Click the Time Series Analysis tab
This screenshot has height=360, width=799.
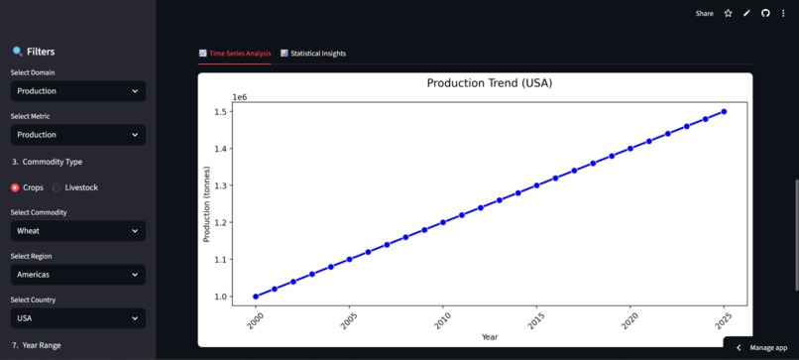click(x=235, y=54)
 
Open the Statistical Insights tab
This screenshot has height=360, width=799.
click(x=313, y=54)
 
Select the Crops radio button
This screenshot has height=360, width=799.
click(x=15, y=187)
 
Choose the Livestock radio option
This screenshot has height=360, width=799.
click(x=57, y=187)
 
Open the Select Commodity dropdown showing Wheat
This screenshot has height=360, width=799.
click(x=78, y=231)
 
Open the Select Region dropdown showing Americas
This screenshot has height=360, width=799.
click(x=78, y=275)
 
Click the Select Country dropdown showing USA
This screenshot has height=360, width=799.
click(x=78, y=318)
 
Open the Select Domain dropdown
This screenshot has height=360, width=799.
click(x=78, y=91)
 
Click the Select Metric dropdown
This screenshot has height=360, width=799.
click(x=78, y=135)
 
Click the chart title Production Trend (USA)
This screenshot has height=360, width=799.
click(x=490, y=83)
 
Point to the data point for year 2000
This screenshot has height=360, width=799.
click(x=256, y=297)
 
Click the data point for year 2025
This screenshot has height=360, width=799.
click(x=724, y=112)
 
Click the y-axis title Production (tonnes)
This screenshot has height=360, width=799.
click(x=207, y=203)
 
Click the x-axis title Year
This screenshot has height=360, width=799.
click(x=490, y=337)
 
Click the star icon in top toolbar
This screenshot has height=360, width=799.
click(x=728, y=14)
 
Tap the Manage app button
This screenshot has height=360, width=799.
click(x=761, y=348)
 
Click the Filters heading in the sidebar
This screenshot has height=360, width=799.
click(x=41, y=52)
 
